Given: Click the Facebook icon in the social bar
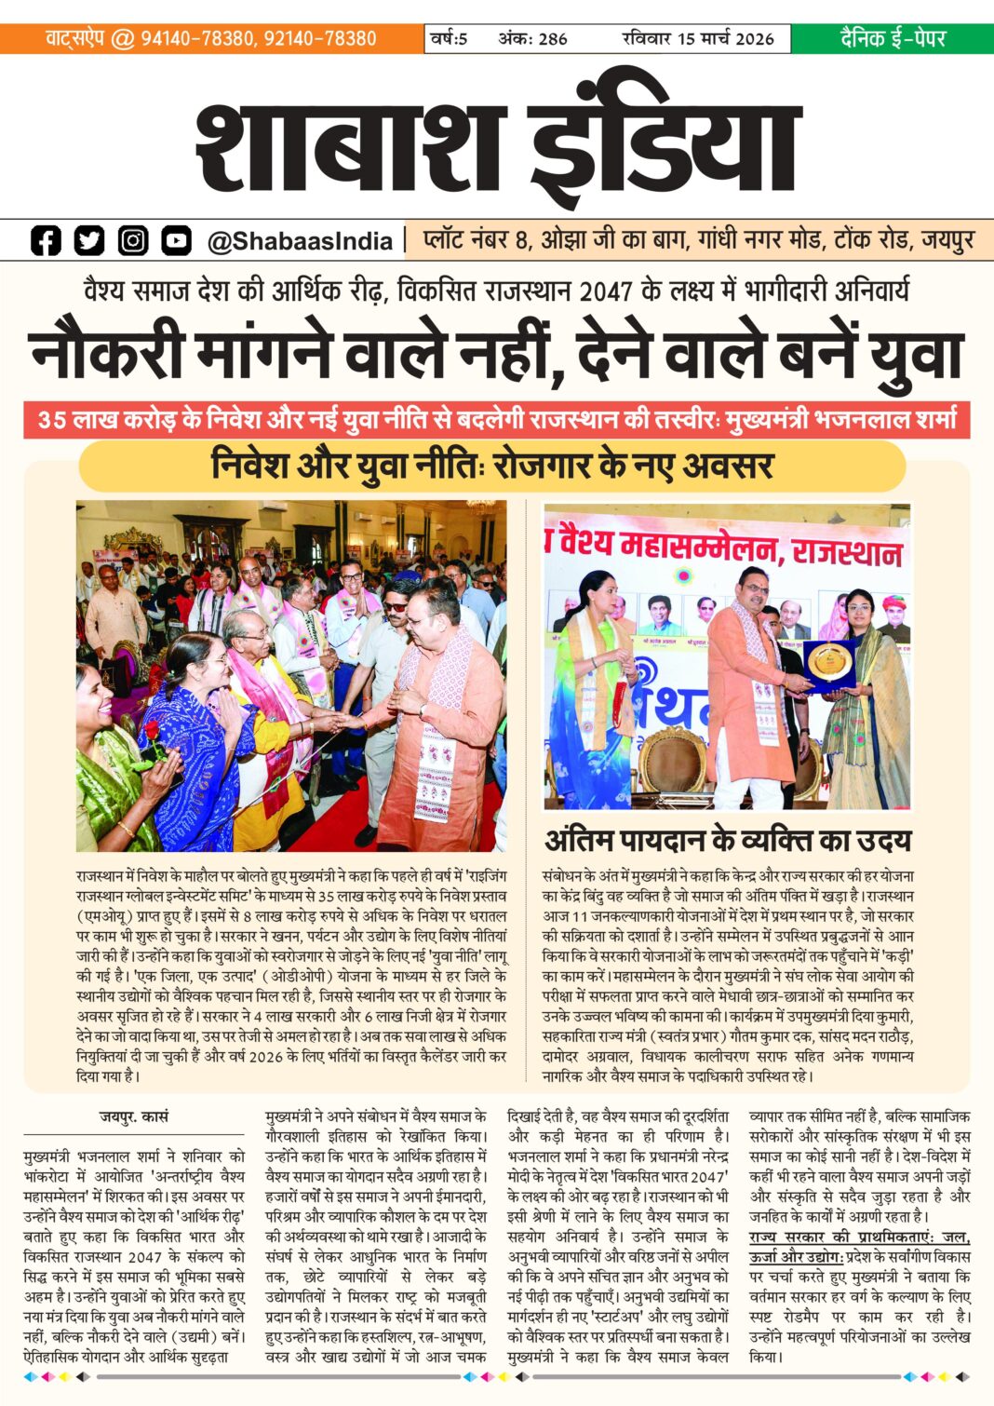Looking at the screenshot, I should coord(46,240).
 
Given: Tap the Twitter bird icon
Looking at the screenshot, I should coord(89,240).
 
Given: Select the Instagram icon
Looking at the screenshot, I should coord(133,240).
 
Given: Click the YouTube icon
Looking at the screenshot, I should coord(176,240).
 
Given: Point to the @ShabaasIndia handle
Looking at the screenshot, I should coord(300,241).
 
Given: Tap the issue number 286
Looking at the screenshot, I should coord(552,39).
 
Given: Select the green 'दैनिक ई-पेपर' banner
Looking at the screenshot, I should coord(892,38).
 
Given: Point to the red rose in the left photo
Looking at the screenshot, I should coord(154,731).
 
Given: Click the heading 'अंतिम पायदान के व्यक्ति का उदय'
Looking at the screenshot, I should coord(727,841).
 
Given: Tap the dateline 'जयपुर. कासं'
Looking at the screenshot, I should coord(134,1116).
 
